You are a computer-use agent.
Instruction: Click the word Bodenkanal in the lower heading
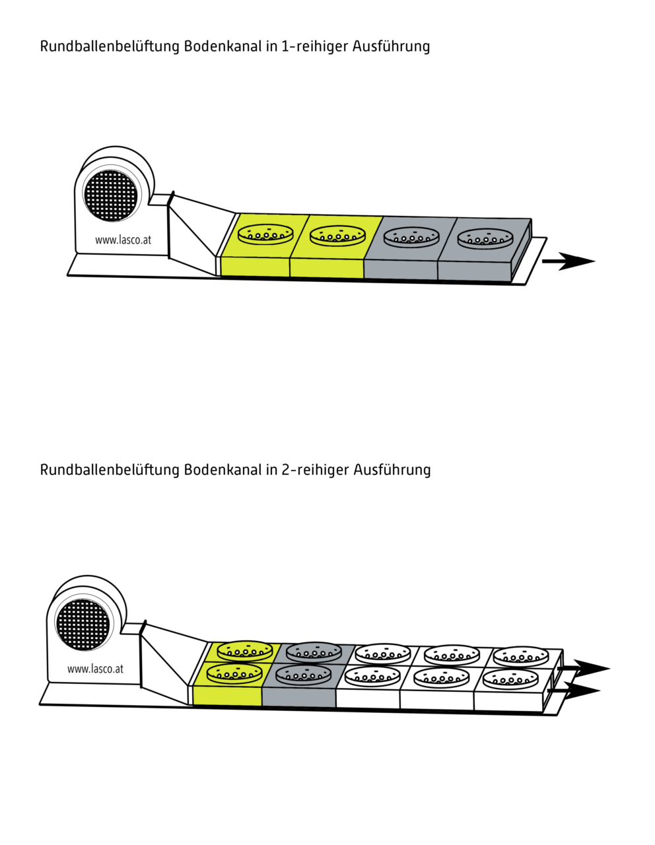coord(223,469)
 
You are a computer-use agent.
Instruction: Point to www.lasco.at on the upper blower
coord(123,240)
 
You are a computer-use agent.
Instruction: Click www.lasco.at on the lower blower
coord(95,669)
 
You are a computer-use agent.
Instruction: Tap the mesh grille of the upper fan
coord(111,195)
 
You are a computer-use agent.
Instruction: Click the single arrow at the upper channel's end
coord(569,261)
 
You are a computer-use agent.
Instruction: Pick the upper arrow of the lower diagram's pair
coord(584,668)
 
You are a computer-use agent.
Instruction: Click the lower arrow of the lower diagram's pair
coord(574,691)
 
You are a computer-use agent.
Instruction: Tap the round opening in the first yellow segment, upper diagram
coord(265,234)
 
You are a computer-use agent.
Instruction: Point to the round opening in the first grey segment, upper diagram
coord(411,237)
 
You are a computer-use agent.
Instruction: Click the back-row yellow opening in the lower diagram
coord(245,652)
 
